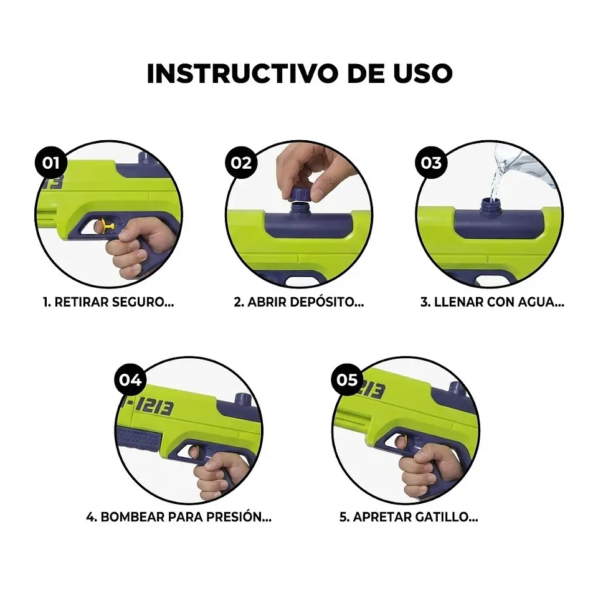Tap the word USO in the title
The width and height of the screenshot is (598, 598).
[x=420, y=74]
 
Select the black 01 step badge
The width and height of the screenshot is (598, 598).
[x=51, y=163]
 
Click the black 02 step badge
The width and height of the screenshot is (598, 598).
[x=242, y=163]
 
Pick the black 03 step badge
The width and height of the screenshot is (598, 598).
[x=431, y=163]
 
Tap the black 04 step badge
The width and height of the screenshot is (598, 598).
[x=130, y=379]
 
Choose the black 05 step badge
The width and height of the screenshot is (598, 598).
[x=347, y=379]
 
